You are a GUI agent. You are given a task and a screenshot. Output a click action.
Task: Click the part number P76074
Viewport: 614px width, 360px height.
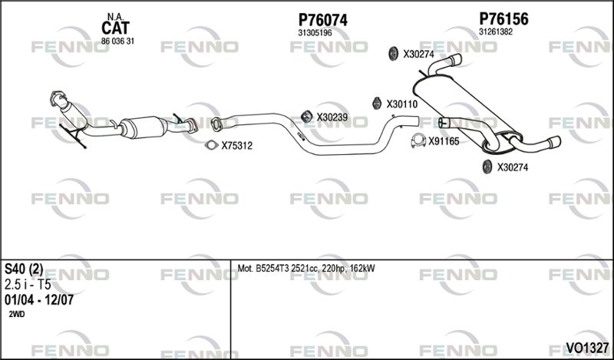(322, 20)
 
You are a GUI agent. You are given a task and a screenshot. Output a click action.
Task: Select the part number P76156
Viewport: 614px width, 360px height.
(503, 18)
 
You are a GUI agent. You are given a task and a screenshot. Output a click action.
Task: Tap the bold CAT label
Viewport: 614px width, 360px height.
(115, 28)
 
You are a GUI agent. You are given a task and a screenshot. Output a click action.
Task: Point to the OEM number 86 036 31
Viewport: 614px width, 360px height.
(117, 41)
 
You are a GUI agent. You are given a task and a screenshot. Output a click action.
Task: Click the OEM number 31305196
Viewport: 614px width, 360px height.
(315, 33)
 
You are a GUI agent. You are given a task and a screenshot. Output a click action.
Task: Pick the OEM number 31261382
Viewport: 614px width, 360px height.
(496, 32)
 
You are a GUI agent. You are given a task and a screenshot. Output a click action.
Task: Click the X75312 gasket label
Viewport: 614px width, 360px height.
(237, 146)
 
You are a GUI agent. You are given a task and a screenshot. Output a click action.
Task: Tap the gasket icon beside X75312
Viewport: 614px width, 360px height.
(212, 145)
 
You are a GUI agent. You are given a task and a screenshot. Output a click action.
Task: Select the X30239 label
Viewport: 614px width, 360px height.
(332, 117)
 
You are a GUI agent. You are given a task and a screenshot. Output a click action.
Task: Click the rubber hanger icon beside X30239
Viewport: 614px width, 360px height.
(306, 117)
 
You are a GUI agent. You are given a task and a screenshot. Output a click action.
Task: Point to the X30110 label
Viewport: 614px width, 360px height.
(401, 104)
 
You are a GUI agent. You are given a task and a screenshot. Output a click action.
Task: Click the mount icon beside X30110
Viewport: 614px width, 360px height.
(377, 103)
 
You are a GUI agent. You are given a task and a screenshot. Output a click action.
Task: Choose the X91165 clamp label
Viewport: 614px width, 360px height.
(444, 141)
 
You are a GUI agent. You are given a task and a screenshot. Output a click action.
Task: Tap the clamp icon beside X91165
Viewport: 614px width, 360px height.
(418, 140)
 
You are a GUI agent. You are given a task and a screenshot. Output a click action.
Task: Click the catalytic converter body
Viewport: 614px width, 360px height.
(144, 127)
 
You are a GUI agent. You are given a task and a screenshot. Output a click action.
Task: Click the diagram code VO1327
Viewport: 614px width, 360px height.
(587, 348)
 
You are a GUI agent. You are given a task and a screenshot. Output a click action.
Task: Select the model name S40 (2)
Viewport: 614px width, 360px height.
(24, 269)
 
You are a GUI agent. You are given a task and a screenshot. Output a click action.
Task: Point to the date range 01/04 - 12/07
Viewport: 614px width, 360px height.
(39, 300)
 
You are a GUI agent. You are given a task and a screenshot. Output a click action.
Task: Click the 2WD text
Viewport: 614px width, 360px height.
(17, 314)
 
